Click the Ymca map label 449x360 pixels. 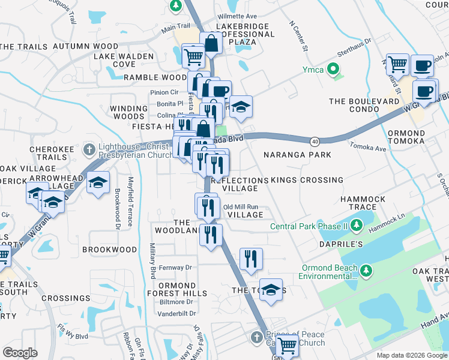(312, 70)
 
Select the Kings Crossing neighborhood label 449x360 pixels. (307, 180)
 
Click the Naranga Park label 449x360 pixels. (297, 155)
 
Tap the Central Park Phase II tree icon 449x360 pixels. (357, 225)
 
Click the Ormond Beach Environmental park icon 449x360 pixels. (366, 271)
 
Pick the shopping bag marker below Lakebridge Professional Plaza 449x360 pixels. (211, 43)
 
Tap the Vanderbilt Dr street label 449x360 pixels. (177, 313)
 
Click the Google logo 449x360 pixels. (20, 353)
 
